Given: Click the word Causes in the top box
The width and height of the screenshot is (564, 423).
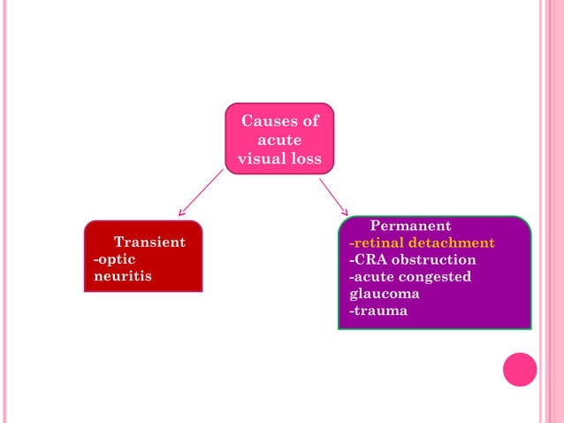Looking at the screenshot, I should coord(269,121).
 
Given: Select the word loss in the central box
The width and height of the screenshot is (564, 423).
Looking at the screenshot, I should coord(305,160).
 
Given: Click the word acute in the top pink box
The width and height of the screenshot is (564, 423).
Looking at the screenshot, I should coord(279,141).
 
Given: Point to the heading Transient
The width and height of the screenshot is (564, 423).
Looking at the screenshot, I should coord(149,242).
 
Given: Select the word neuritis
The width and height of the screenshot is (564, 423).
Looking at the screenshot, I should coord(122,276).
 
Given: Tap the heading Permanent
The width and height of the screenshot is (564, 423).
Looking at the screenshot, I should coord(410,226).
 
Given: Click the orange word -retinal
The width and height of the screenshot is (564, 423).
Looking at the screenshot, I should coord(377,242).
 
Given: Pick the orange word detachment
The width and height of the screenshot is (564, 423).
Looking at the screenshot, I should coord(452,242).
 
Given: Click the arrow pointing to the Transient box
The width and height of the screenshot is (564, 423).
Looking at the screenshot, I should coord(200,192).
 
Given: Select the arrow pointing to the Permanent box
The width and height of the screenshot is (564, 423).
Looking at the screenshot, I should coord(333,196).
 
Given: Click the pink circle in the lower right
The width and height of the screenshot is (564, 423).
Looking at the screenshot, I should coord(520,369).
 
